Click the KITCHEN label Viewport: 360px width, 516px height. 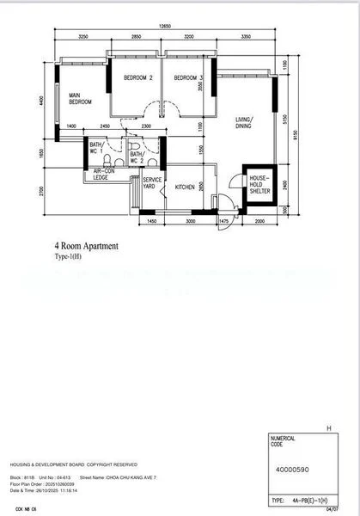pos(186,187)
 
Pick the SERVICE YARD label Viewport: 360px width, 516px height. pos(149,183)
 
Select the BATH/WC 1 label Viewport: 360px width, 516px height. pos(96,148)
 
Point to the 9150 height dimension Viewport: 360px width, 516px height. pos(295,134)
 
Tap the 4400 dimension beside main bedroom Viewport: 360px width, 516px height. pos(41,101)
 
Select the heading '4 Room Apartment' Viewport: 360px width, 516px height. pos(86,246)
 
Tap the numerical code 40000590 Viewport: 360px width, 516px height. pos(294,470)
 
